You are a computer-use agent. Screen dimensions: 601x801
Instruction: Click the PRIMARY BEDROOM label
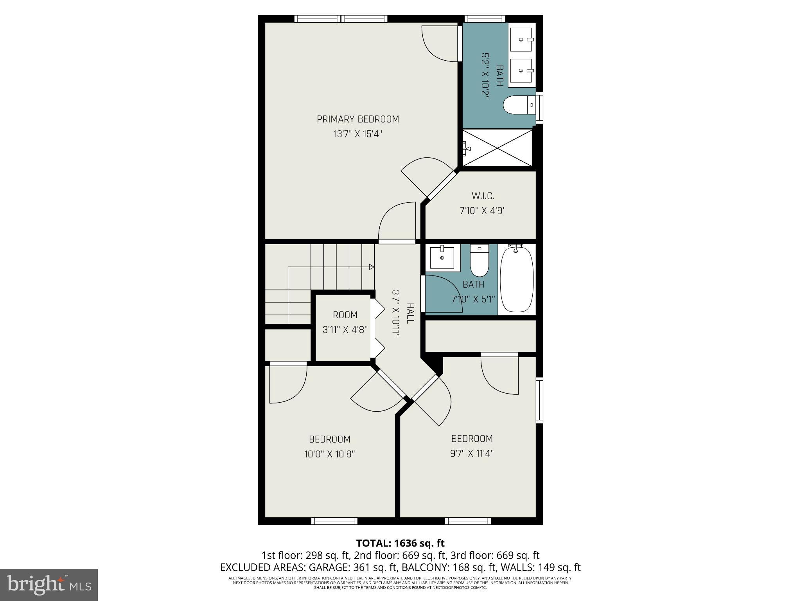(x=357, y=119)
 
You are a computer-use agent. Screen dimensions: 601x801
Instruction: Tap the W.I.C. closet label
(x=483, y=196)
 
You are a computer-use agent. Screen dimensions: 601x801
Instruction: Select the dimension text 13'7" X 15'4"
(x=357, y=134)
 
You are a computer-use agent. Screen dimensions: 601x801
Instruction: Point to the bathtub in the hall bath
(x=517, y=279)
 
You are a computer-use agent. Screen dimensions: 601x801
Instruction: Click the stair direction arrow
(x=371, y=267)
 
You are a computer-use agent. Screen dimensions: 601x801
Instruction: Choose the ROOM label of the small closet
(x=345, y=315)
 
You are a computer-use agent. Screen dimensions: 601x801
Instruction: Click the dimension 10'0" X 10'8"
(x=329, y=454)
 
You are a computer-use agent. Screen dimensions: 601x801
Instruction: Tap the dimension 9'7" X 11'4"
(x=472, y=453)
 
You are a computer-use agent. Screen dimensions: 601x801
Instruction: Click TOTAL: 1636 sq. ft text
(x=400, y=543)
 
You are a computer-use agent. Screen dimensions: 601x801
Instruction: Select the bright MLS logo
(x=48, y=585)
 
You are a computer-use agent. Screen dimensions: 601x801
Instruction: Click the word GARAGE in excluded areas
(x=328, y=567)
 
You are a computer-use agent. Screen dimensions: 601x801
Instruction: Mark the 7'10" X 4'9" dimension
(x=483, y=211)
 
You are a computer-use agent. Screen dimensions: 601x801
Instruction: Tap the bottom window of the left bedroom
(x=334, y=521)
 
